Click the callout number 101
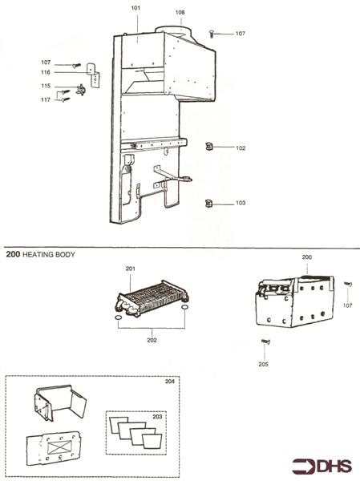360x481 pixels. click(136, 7)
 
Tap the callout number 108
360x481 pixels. click(180, 12)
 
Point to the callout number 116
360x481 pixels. click(47, 73)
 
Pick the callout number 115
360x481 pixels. click(47, 87)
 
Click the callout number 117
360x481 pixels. click(47, 99)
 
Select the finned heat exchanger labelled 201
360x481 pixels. click(151, 301)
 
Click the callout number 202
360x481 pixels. click(152, 340)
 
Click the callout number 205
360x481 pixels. click(264, 364)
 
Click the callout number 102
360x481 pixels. click(241, 148)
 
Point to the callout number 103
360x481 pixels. click(241, 204)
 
